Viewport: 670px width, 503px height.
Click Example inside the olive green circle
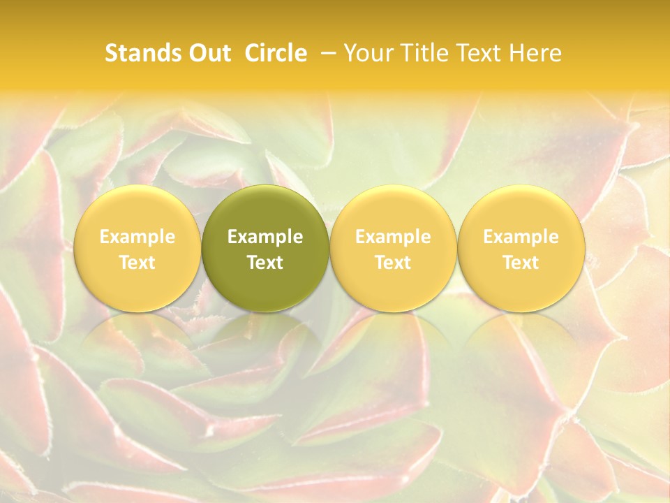pos(265,237)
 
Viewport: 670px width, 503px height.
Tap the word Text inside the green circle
pos(265,263)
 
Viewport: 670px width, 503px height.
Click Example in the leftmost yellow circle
pos(137,237)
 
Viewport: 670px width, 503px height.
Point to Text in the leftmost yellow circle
pos(137,263)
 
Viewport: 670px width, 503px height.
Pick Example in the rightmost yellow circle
pos(521,237)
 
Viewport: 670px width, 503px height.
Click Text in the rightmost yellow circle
pos(521,263)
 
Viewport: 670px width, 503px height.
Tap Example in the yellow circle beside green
pos(393,237)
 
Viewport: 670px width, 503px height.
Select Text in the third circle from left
pos(393,263)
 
